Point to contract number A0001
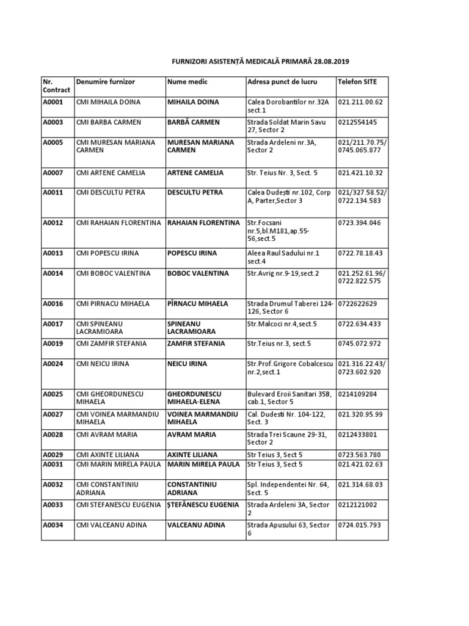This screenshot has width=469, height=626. tap(53, 102)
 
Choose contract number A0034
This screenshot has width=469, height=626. tap(53, 525)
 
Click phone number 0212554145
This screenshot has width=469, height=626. tap(357, 122)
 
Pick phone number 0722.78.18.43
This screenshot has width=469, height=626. tap(359, 253)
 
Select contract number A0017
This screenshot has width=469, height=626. tap(53, 323)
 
